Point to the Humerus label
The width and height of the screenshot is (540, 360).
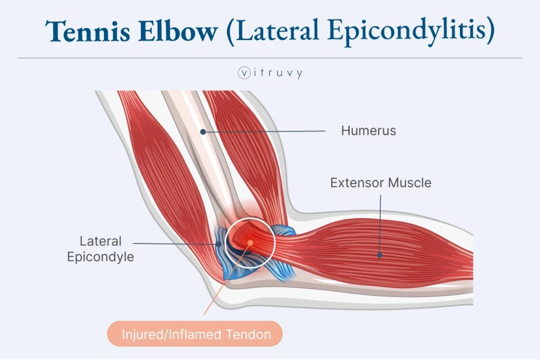point(368,131)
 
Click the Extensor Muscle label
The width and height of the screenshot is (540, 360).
point(381,183)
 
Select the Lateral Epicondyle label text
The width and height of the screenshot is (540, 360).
point(100,249)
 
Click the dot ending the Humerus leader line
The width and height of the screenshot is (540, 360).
point(202,131)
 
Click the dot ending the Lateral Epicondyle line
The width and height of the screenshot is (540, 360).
point(218,244)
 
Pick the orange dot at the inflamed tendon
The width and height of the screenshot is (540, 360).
point(251,242)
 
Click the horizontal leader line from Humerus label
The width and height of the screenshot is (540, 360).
point(264,131)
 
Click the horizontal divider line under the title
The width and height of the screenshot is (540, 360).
point(270,57)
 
